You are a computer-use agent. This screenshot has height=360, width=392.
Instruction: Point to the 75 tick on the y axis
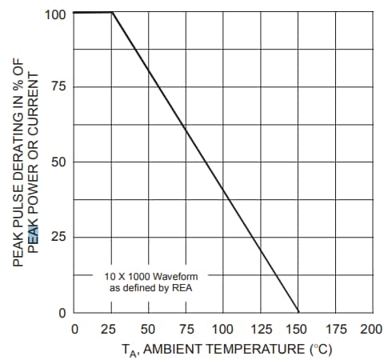pos(59,87)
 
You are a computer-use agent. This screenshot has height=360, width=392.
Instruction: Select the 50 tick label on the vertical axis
pos(59,162)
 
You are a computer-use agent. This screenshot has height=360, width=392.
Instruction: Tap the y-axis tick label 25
pos(59,238)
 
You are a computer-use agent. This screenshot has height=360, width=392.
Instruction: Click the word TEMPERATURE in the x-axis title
pos(255,350)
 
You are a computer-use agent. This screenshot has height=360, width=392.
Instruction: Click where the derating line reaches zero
pos(298,312)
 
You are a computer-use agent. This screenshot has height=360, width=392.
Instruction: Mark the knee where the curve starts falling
pos(112,13)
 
